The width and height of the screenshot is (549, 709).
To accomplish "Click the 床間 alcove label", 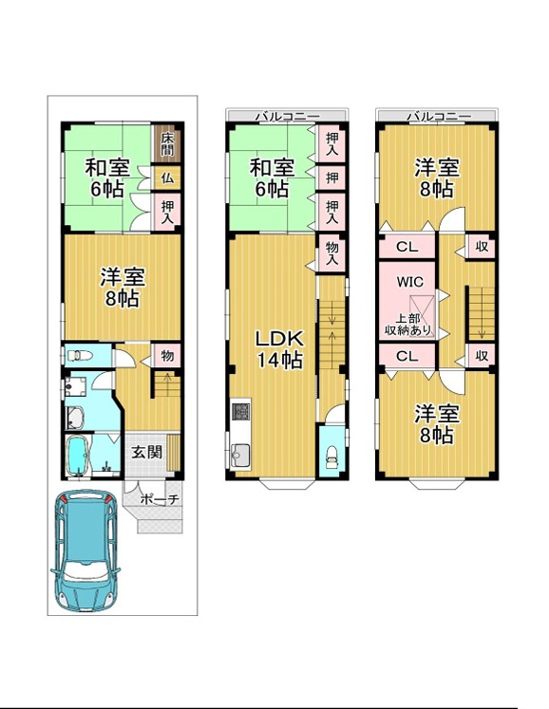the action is [x=167, y=143].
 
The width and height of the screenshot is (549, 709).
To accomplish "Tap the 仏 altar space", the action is [x=166, y=177].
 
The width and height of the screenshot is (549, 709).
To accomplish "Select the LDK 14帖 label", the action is [x=279, y=348].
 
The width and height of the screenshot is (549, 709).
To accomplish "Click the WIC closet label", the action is [x=409, y=282].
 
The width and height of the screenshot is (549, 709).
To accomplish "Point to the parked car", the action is [x=85, y=550].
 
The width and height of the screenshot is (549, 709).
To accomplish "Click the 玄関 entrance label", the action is [x=146, y=452].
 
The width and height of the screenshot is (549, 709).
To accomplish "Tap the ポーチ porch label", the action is [x=160, y=500].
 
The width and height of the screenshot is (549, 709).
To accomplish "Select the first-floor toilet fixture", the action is [x=80, y=355].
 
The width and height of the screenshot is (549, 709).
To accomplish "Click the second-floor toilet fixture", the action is [x=331, y=456].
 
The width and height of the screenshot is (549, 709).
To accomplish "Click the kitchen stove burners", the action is [x=241, y=411].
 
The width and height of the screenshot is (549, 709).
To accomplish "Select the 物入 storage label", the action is [x=332, y=252].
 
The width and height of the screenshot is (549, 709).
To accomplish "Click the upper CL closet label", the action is [x=407, y=247].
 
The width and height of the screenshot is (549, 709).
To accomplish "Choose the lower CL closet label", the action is [x=407, y=356].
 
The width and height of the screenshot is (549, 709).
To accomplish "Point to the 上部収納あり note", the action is [x=407, y=325].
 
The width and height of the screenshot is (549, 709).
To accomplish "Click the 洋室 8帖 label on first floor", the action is [x=123, y=288].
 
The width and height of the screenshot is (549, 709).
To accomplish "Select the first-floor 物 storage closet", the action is [x=166, y=355].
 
